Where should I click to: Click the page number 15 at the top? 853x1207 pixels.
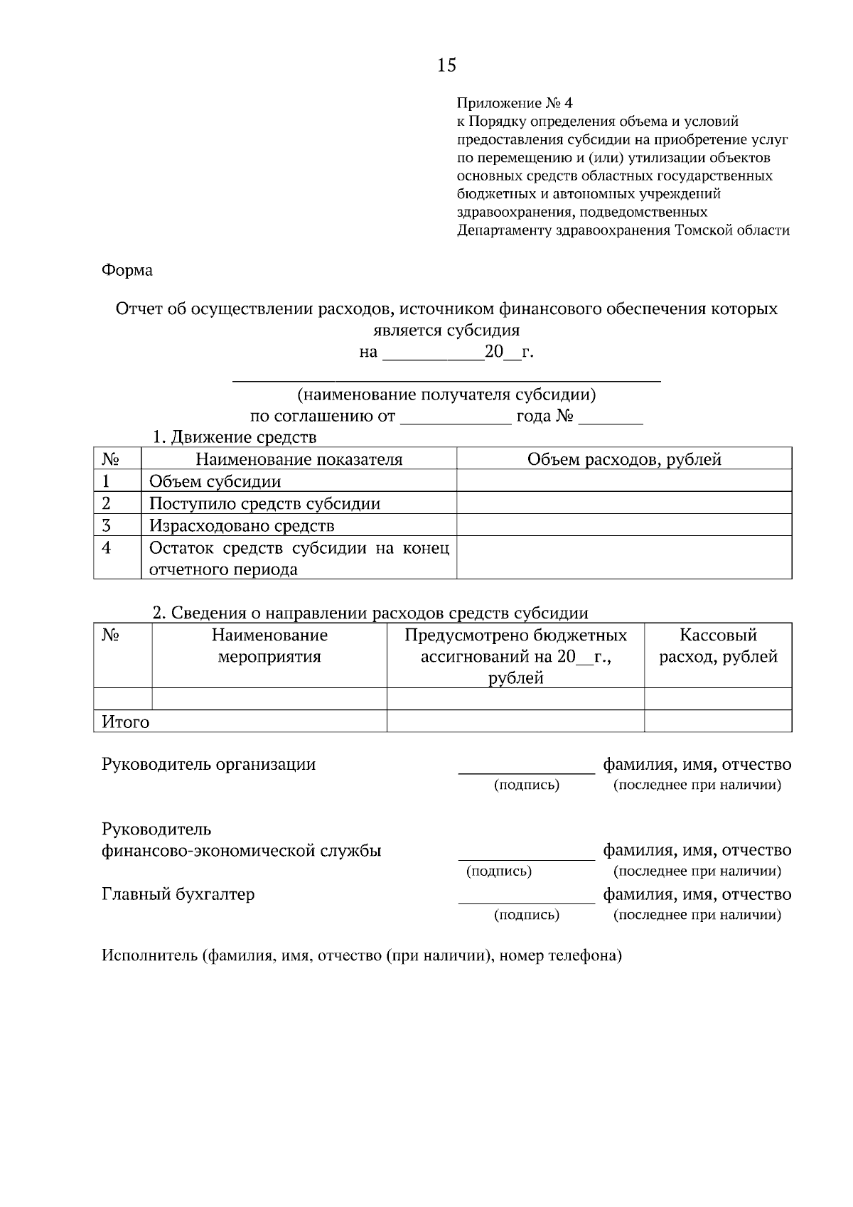[446, 65]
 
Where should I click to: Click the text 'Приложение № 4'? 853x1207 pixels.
[514, 104]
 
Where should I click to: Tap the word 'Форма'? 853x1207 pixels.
[127, 270]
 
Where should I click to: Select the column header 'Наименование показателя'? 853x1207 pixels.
[299, 459]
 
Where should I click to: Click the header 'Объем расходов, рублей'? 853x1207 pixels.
[624, 459]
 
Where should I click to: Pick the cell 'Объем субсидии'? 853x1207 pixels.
[215, 481]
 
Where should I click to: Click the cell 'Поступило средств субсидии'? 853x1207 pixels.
[264, 503]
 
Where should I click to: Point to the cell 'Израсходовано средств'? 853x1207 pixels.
[241, 526]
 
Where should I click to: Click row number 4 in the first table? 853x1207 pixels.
[107, 548]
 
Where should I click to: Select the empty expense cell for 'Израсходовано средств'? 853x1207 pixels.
[624, 525]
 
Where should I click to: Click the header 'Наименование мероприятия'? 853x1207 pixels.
[269, 645]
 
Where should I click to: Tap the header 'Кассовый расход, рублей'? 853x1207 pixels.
[718, 645]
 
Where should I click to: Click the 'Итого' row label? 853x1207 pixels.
[126, 722]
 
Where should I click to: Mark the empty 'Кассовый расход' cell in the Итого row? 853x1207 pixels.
[718, 721]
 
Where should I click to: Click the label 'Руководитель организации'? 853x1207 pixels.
[208, 764]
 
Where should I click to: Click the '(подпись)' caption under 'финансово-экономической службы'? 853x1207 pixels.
[499, 871]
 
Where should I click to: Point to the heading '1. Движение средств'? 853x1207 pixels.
[235, 436]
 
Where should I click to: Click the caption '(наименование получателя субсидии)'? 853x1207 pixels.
[446, 395]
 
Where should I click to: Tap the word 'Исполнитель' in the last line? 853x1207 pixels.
[149, 955]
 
